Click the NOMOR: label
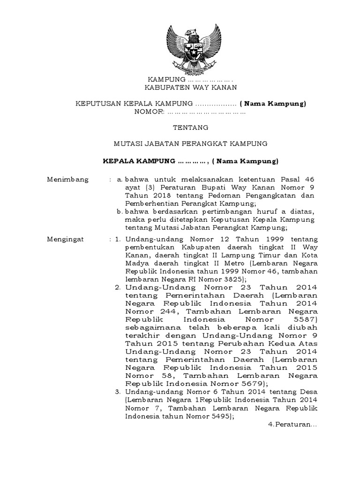coord(150,112)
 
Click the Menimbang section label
coord(65,179)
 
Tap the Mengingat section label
coord(66,239)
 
